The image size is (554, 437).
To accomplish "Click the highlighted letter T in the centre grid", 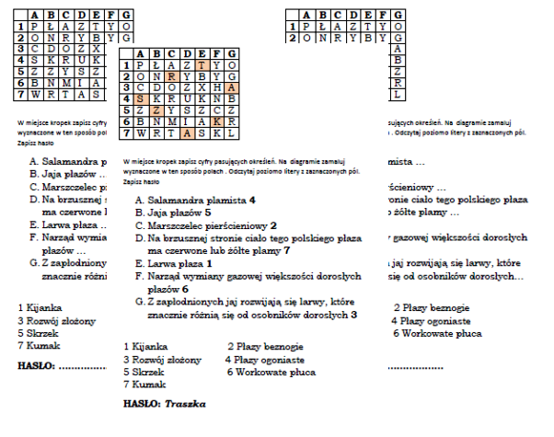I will [202, 65].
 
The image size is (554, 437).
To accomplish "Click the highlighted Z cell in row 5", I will [156, 110].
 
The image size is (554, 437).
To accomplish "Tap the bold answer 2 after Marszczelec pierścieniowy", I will [273, 224].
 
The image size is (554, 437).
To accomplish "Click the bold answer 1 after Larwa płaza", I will [209, 263].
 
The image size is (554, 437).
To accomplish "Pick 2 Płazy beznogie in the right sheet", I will [432, 306].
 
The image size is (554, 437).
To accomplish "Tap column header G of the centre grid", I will [232, 54].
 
